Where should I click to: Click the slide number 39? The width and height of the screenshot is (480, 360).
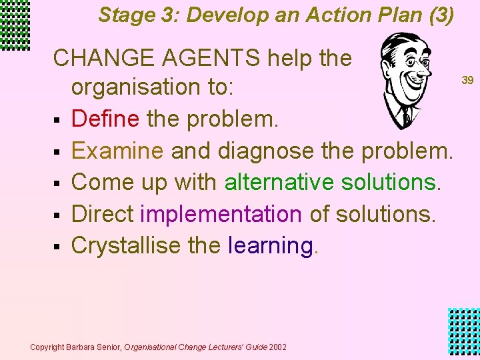(467, 80)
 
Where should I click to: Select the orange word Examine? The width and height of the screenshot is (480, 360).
(117, 151)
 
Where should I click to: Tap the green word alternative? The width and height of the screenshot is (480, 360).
(280, 182)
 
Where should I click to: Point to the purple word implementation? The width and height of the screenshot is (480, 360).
(221, 214)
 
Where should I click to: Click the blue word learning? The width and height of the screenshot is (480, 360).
(271, 245)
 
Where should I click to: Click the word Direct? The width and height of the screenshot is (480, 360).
(103, 214)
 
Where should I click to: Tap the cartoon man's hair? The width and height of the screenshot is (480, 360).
(400, 44)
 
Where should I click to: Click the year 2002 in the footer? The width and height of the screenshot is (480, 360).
(277, 347)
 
